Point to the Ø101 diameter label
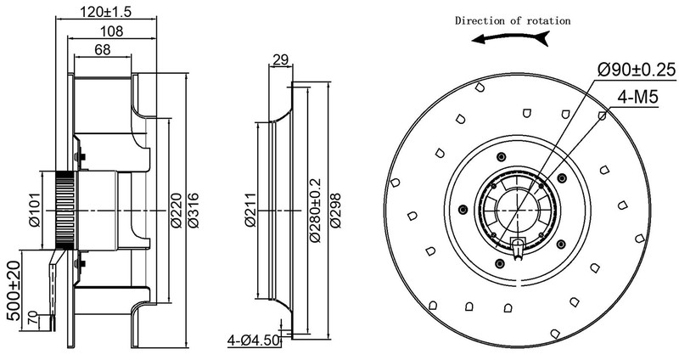36,209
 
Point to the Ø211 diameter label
251,210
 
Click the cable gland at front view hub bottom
518,247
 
